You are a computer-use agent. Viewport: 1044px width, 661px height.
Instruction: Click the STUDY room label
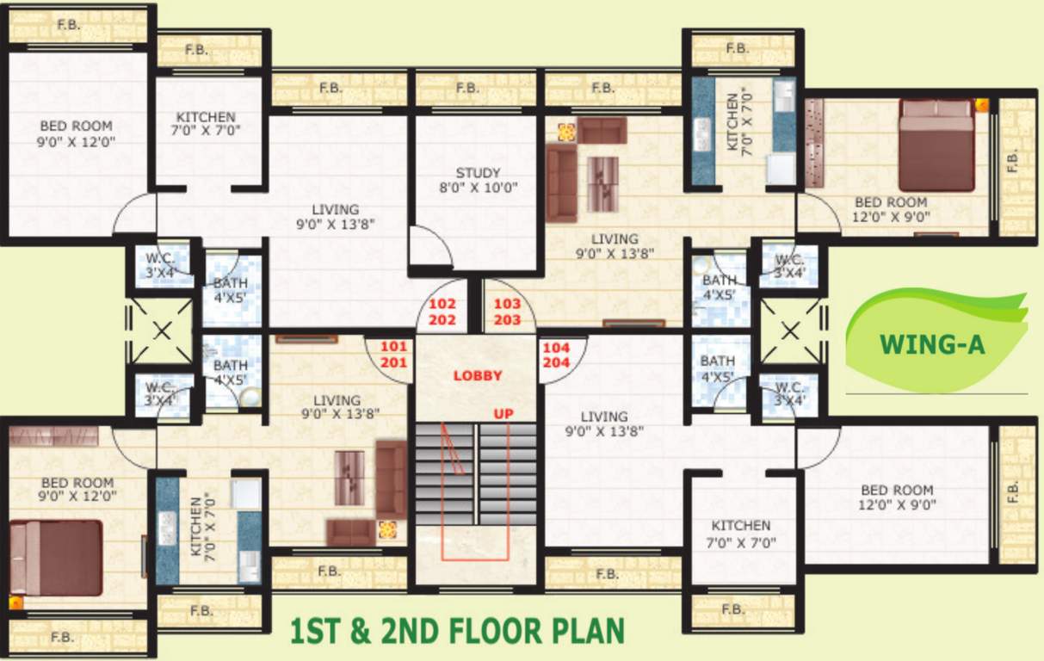[x=479, y=180]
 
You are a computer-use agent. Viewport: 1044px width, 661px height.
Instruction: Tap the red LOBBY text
[x=478, y=376]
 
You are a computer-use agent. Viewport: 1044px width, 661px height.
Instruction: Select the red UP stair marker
[x=503, y=414]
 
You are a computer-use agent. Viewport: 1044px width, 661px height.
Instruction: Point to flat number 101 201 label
[x=392, y=354]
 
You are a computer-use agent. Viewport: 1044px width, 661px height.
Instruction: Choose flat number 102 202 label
[x=442, y=312]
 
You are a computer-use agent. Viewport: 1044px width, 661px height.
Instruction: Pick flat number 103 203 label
[x=508, y=312]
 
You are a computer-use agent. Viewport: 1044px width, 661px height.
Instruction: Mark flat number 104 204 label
[x=557, y=354]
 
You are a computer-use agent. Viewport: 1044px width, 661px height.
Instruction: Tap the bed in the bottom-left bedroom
[x=56, y=558]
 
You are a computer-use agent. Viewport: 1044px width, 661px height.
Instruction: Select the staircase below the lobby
[x=476, y=473]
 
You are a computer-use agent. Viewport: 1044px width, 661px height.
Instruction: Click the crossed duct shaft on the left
[x=161, y=330]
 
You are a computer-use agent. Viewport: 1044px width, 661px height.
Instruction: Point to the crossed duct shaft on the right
[x=791, y=330]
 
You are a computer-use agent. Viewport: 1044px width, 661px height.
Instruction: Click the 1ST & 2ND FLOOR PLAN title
[x=459, y=632]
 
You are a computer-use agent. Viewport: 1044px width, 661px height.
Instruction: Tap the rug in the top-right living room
[x=602, y=183]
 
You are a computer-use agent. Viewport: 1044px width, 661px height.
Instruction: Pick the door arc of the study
[x=430, y=248]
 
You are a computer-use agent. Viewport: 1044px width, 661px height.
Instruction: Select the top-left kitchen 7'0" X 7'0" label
[x=206, y=123]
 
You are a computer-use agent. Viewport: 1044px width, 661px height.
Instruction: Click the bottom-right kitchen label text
[x=741, y=534]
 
